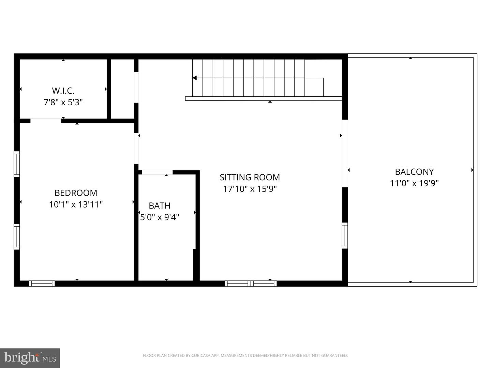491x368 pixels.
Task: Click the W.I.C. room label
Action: tap(63, 91)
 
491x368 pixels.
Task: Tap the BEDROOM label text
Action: tap(76, 193)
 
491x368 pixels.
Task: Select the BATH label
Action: tap(160, 206)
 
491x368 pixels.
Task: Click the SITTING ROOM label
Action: tap(250, 177)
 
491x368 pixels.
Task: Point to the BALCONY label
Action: tap(414, 172)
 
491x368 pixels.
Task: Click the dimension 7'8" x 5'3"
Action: tap(63, 102)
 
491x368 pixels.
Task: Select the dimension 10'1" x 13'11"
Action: tap(76, 204)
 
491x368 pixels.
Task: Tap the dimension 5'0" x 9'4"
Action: tap(160, 217)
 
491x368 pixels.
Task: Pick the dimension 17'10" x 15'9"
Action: tap(250, 189)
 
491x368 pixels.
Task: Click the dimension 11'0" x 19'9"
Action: tap(414, 183)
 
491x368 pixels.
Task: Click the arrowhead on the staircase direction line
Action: tap(195, 78)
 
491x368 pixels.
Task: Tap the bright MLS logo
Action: tap(30, 358)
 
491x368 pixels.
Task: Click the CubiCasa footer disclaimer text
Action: tap(245, 355)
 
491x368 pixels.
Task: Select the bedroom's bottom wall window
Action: tap(42, 283)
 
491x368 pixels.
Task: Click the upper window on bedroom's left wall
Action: tap(17, 164)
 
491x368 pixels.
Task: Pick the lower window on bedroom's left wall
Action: tap(17, 236)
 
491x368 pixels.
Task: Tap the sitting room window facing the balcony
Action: tap(345, 235)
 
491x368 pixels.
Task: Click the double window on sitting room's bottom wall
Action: tap(251, 283)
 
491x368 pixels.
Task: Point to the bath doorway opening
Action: tap(157, 172)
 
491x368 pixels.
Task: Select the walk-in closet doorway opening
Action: tap(46, 120)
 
